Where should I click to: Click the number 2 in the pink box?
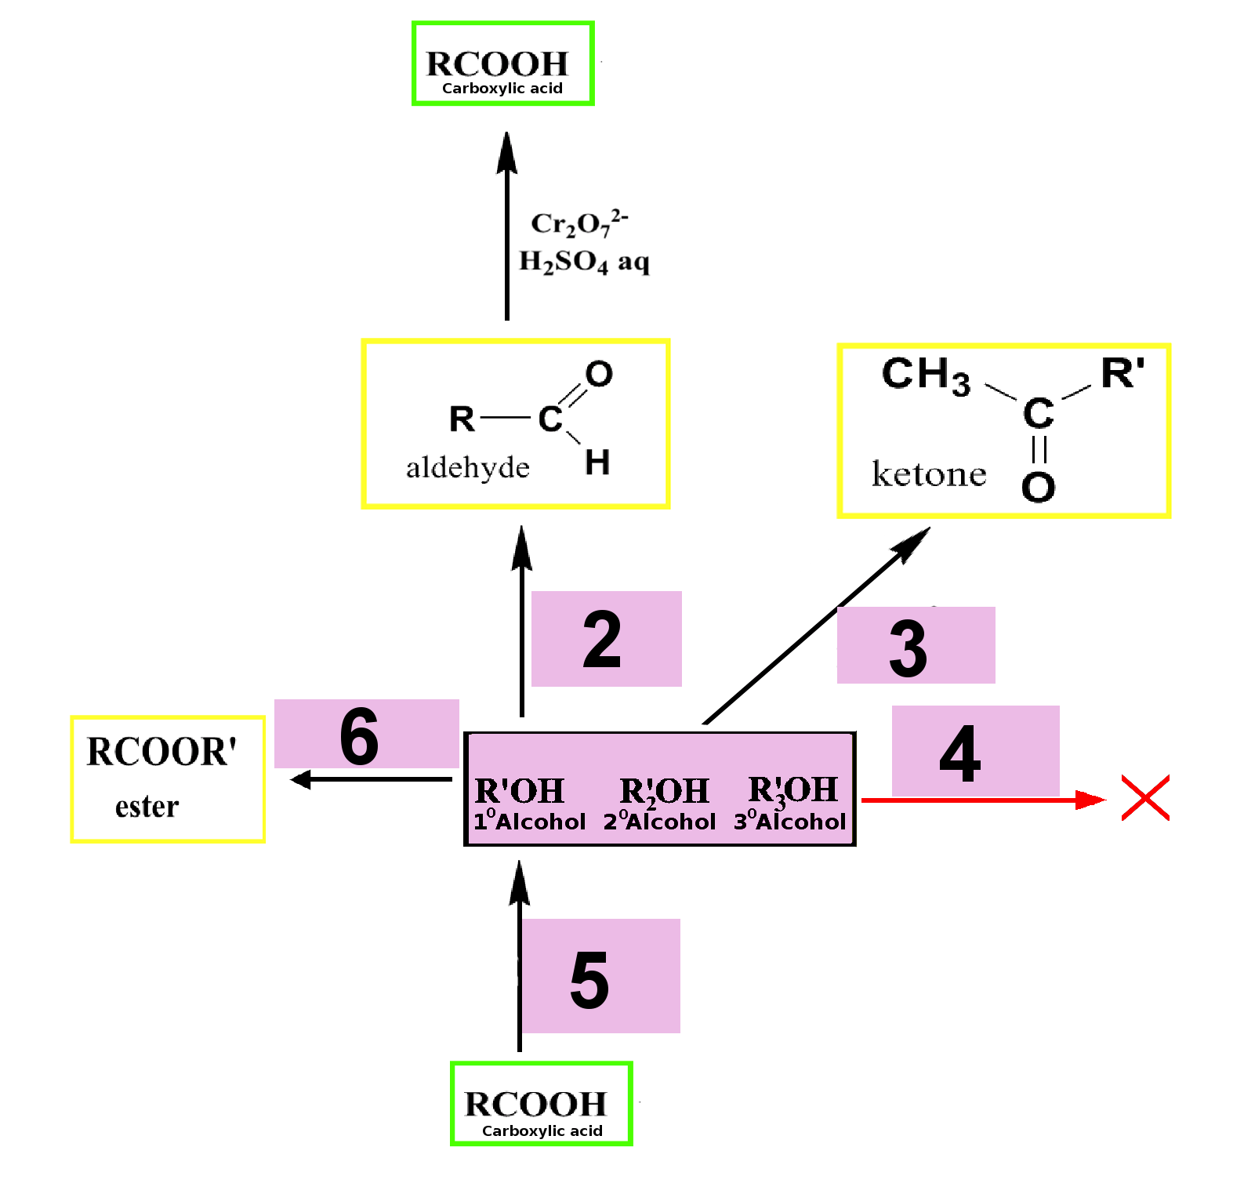(602, 640)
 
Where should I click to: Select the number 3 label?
(909, 648)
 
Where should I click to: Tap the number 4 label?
(960, 753)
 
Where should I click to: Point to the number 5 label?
(589, 979)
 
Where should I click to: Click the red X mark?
(1145, 798)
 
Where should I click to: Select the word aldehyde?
(468, 468)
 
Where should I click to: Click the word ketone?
(929, 474)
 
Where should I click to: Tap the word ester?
(147, 807)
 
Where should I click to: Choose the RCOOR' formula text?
(161, 752)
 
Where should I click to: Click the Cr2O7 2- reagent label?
(579, 223)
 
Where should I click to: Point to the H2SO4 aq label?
(585, 261)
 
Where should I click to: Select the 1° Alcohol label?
(529, 821)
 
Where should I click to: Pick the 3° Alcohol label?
(790, 821)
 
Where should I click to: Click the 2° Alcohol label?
(659, 821)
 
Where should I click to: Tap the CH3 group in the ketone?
(926, 375)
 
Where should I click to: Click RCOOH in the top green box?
(497, 64)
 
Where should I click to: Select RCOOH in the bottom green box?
(536, 1105)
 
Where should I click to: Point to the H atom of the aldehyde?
(597, 462)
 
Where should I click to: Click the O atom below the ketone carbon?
(1038, 487)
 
